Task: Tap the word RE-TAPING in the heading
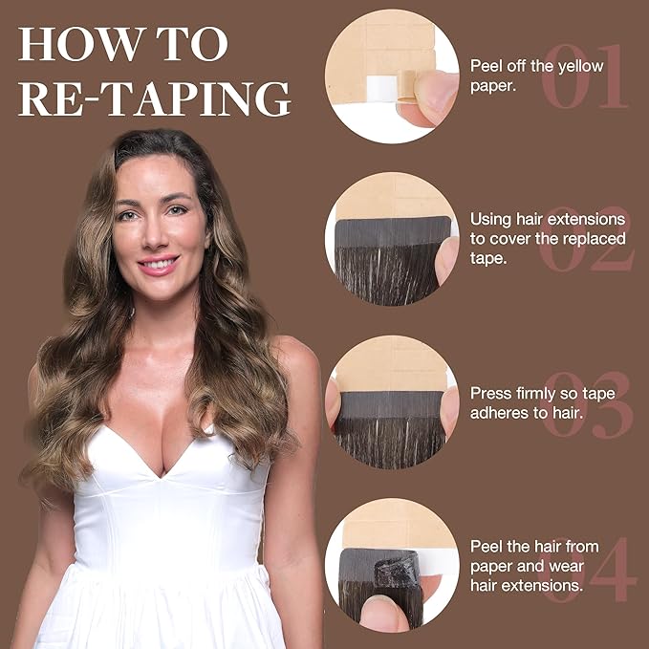click(x=154, y=98)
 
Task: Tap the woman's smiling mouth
click(x=158, y=263)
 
